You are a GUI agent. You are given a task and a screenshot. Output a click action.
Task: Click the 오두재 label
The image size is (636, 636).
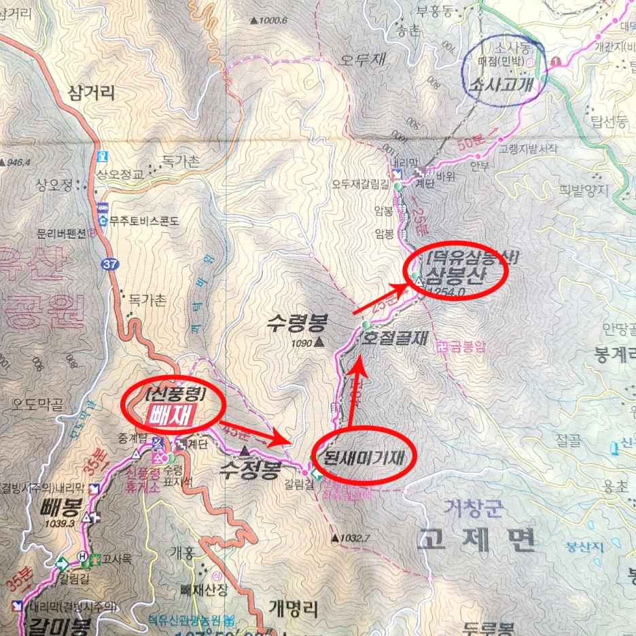363,60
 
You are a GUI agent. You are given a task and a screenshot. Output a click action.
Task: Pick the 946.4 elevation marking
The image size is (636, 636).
18,162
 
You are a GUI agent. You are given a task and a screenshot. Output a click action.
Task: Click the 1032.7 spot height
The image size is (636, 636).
355,538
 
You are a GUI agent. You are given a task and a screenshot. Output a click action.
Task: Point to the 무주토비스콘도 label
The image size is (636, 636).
146,220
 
